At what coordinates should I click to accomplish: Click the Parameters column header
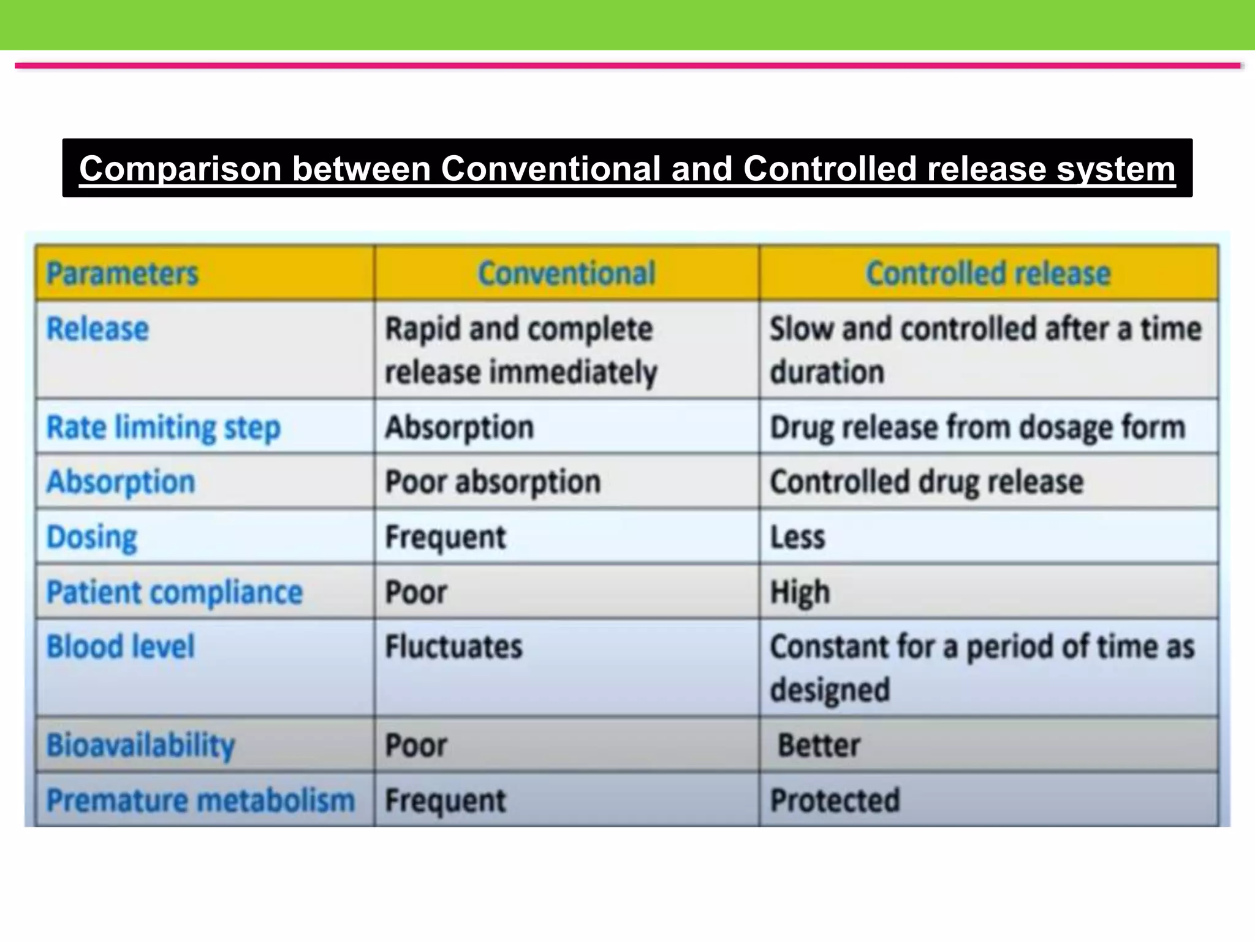point(123,274)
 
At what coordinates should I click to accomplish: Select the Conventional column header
point(567,274)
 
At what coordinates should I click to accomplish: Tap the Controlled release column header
point(988,274)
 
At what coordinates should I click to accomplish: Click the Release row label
point(98,329)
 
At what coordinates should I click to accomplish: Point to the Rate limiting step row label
point(164,427)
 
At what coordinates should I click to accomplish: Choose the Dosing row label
point(92,537)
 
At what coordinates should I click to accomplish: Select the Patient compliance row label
point(175,592)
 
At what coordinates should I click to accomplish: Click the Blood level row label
point(121,647)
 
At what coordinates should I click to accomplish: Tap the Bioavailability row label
point(141,746)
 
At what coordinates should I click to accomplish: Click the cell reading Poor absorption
point(493,482)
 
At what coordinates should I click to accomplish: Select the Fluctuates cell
point(453,647)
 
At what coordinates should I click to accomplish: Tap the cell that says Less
point(798,537)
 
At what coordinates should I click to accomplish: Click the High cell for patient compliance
point(800,592)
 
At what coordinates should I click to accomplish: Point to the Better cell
point(819,746)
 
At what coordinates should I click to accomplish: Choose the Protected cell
point(835,800)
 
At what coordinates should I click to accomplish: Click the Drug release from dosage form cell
point(977,427)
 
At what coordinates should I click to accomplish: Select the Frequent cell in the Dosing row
point(446,537)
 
